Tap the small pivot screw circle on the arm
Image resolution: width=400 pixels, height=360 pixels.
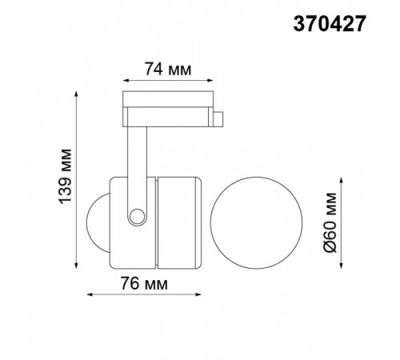138,215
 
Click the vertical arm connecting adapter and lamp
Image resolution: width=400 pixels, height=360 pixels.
136,160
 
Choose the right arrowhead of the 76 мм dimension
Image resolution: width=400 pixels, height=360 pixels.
201,294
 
